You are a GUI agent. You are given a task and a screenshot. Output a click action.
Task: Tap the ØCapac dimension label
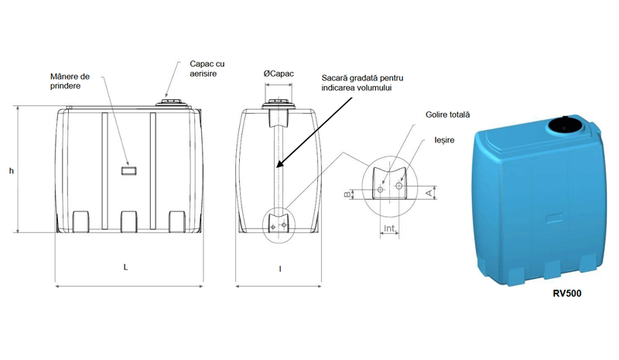pos(279,73)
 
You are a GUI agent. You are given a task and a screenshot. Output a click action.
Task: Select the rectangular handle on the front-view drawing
pos(129,168)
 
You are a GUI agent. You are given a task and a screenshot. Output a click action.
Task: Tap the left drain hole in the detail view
pos(381,187)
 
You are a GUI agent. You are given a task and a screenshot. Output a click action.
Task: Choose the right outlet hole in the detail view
pos(399,185)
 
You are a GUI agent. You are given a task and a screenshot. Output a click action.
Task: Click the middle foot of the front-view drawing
pos(128,222)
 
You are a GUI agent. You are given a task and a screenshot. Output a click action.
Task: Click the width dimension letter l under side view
pos(279,268)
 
